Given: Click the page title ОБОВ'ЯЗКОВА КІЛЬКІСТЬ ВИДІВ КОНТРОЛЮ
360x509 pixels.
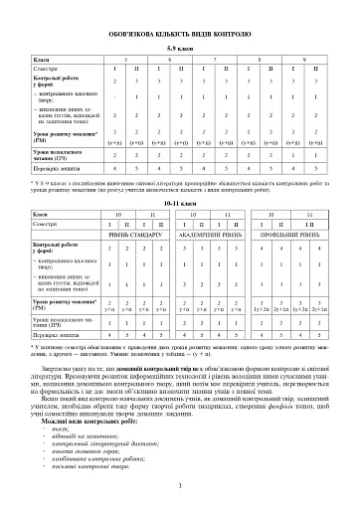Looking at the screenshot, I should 180,27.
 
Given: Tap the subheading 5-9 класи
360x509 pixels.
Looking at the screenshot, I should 180,47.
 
